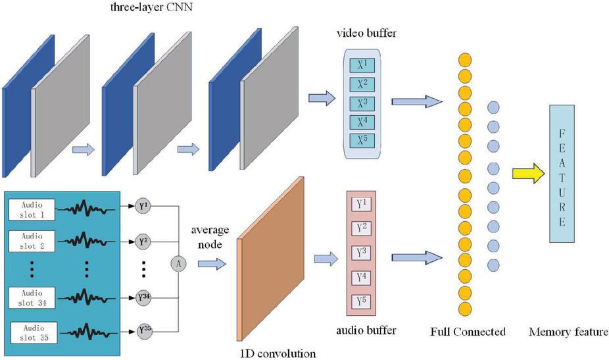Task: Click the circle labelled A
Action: coord(178,263)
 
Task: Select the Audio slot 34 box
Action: coord(30,297)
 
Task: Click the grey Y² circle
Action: coord(145,241)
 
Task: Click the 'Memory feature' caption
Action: coord(568,331)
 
